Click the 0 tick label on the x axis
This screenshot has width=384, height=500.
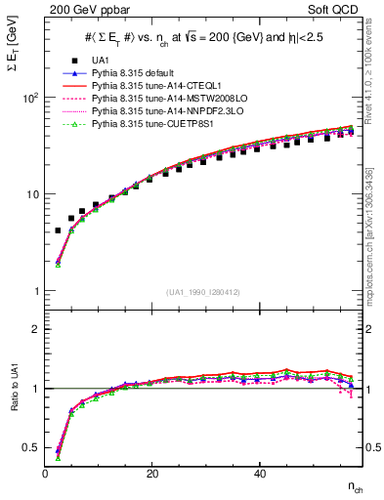tap(46, 474)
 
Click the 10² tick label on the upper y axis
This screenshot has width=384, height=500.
tap(29, 98)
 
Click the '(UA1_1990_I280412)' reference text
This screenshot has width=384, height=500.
tap(203, 292)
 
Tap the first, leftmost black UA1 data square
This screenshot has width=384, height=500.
tap(58, 230)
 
